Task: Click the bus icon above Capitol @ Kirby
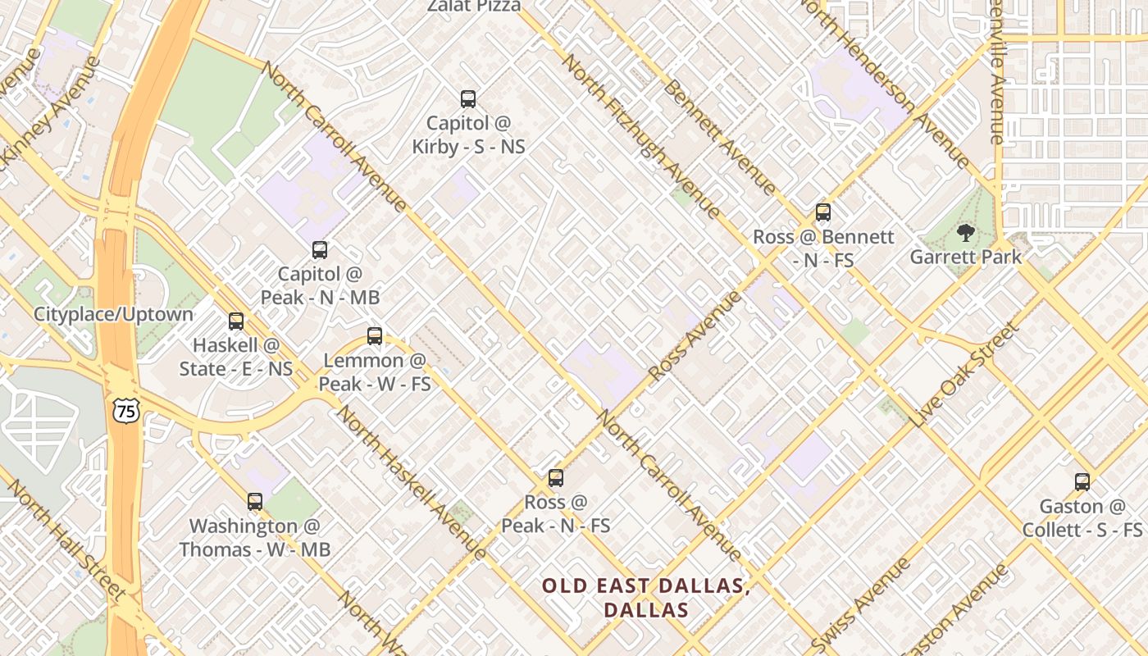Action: point(468,99)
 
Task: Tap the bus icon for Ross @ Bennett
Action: point(823,212)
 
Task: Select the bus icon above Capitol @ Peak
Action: point(320,250)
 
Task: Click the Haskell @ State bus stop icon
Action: point(236,321)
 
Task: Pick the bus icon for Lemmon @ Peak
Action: point(375,335)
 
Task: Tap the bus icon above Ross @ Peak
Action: point(556,478)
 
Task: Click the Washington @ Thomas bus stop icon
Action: point(255,501)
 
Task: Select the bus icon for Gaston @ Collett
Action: point(1082,482)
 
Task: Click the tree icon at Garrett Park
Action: point(966,234)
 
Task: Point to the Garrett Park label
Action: point(966,257)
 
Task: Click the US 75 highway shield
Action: point(126,412)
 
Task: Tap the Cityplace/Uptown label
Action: point(113,314)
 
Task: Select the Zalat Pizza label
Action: point(474,7)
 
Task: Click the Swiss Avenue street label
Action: point(861,604)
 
